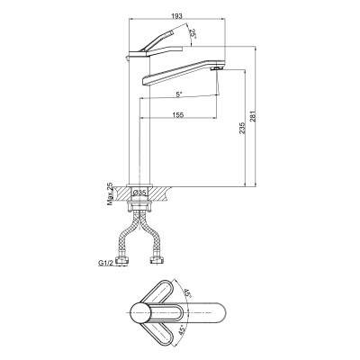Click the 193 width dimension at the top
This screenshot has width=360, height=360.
[177, 16]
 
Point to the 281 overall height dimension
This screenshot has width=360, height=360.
[253, 117]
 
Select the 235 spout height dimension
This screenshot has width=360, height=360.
[242, 128]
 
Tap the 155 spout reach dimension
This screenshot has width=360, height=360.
[178, 115]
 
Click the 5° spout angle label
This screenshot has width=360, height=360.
[179, 94]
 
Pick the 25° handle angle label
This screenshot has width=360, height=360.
[193, 33]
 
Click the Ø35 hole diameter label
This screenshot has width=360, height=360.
[139, 193]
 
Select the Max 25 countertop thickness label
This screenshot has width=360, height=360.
[111, 193]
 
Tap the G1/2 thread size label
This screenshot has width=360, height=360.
[105, 264]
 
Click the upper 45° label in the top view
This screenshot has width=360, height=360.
[187, 293]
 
